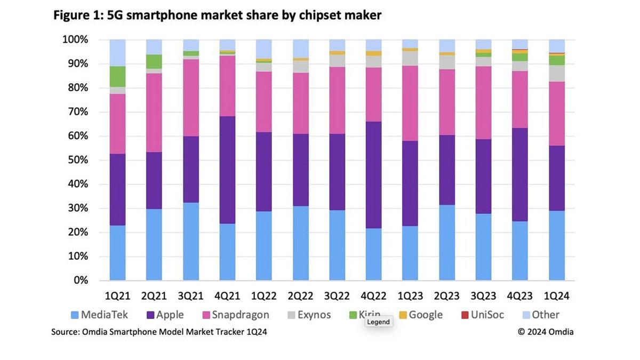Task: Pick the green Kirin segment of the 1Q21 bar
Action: (x=118, y=76)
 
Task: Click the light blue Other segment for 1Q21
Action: (x=118, y=52)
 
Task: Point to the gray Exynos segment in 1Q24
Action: (x=557, y=73)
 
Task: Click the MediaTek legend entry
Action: (x=99, y=315)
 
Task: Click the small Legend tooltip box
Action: (x=379, y=322)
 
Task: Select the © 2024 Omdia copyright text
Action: (x=546, y=332)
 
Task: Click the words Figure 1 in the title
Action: (x=77, y=15)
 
